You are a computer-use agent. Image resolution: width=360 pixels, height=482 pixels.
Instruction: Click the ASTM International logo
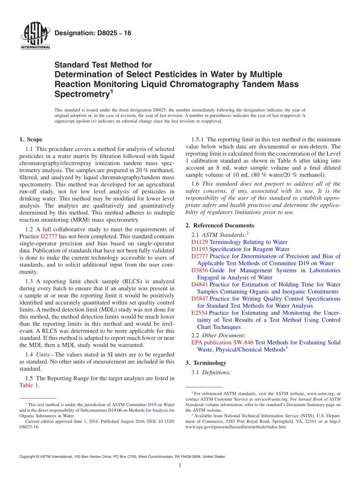[x=35, y=36]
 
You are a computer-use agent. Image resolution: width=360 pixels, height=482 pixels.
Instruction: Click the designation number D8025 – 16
[x=93, y=33]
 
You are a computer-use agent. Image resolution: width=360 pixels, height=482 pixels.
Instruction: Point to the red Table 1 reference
[x=29, y=385]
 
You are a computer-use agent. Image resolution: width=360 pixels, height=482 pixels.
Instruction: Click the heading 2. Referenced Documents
[x=220, y=225]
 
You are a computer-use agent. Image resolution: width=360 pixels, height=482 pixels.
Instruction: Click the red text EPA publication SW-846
[x=222, y=343]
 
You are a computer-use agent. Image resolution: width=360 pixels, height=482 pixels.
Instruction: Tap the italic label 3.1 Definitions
[x=211, y=372]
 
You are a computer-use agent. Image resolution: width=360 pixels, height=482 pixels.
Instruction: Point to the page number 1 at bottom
[x=180, y=466]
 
